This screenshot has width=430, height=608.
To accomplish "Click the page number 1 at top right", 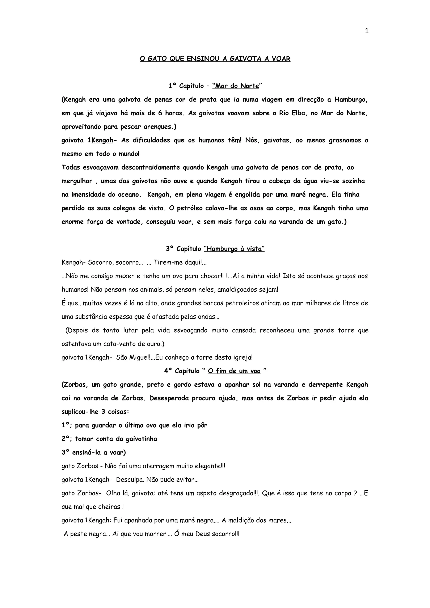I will pos(367,31).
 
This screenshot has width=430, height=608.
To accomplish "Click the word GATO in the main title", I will pos(157,59).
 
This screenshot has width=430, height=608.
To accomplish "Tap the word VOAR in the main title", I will pos(281,59).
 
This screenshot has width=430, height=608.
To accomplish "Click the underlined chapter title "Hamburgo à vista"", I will pos(234,249).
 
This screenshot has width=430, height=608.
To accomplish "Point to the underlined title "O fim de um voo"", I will pos(234,371).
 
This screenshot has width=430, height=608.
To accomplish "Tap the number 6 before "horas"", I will pos(160,113).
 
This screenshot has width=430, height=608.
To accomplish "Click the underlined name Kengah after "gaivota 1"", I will pos(102,140).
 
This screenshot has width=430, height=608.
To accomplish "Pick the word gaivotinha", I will pos(141,439).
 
